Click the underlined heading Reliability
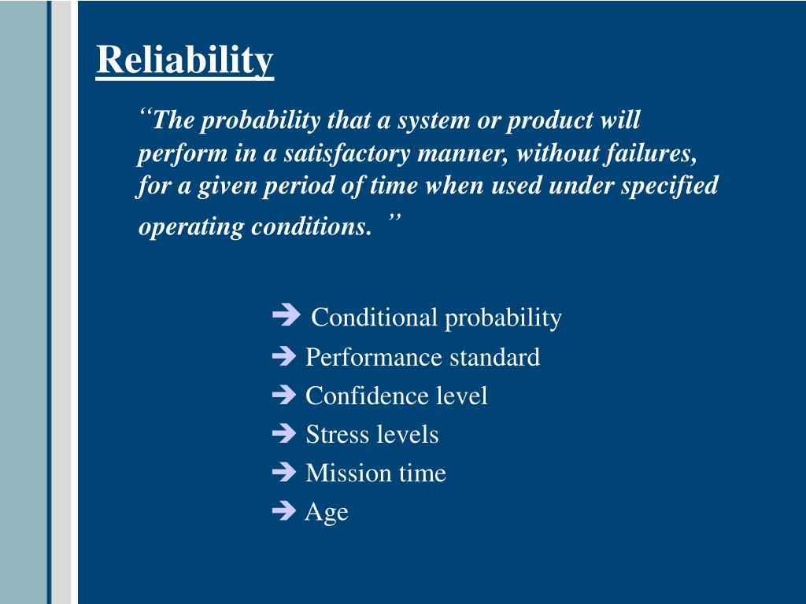click(185, 61)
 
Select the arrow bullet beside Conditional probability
click(286, 316)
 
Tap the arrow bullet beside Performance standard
click(283, 357)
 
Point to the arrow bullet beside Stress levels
click(283, 434)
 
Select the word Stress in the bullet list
click(334, 434)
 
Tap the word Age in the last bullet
click(327, 513)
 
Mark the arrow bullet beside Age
click(283, 512)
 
